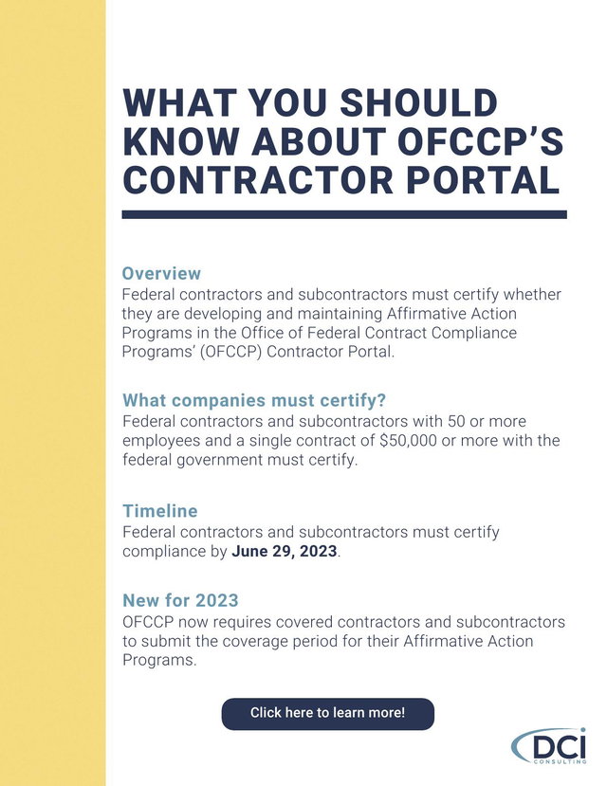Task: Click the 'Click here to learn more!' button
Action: point(328,713)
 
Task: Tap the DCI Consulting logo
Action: point(549,746)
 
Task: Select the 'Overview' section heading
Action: point(161,273)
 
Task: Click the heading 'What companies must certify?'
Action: point(254,400)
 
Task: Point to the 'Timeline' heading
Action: point(160,511)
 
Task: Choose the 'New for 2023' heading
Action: point(180,600)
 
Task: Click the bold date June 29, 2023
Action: point(285,551)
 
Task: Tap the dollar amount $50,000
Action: point(408,440)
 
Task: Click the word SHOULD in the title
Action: point(419,102)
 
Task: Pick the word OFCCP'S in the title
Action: point(480,141)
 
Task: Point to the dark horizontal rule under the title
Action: point(344,214)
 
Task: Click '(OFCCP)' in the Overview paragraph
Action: point(231,352)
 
